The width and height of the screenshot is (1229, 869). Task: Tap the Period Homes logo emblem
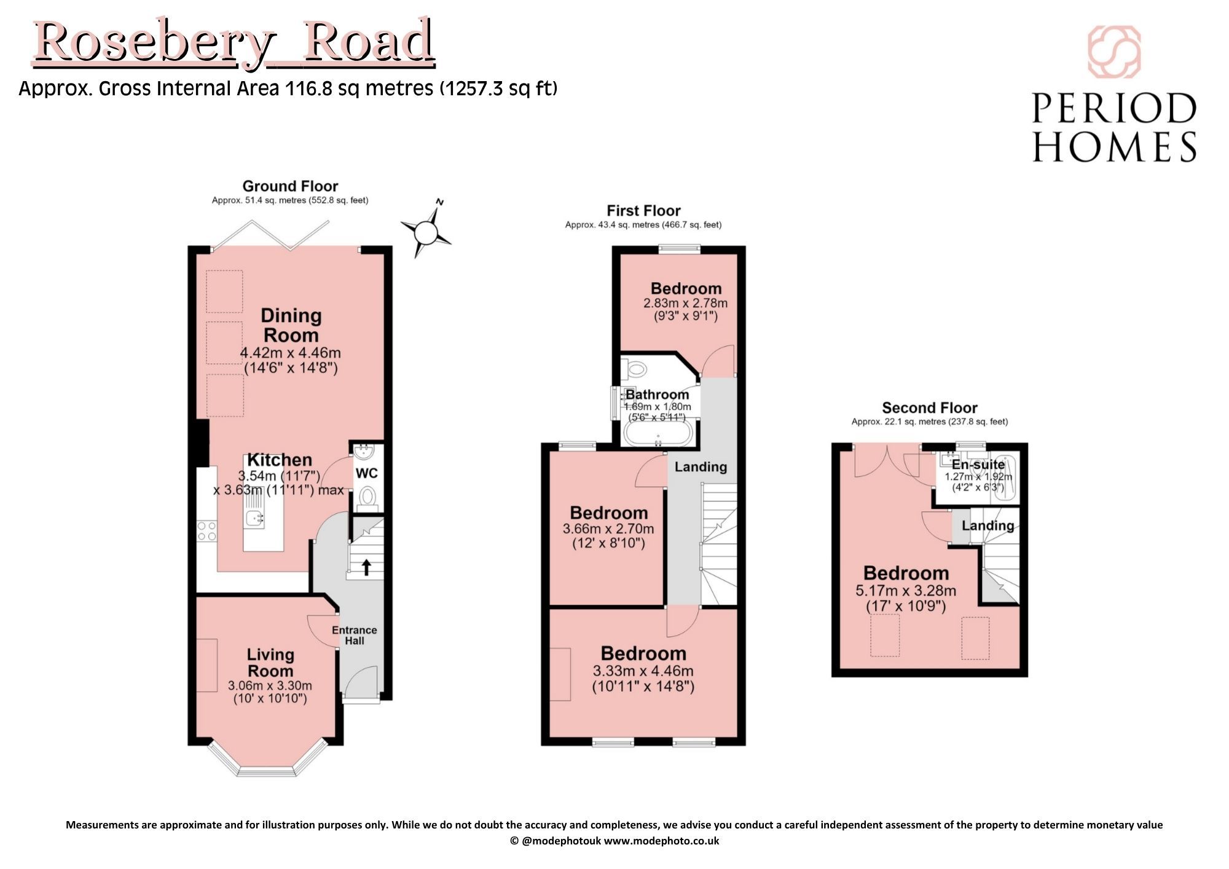pos(1114,52)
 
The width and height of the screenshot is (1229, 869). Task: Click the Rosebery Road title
pos(234,42)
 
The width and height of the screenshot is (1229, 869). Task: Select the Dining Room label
pos(291,325)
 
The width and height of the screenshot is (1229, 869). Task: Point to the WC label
pos(367,473)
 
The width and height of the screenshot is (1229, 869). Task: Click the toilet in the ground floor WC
pos(367,497)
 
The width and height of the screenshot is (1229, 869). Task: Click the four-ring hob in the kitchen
pos(207,531)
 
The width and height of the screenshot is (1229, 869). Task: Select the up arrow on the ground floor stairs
pos(366,567)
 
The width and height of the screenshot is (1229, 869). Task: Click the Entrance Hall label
pos(355,635)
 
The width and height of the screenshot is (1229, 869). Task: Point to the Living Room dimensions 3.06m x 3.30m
pos(270,685)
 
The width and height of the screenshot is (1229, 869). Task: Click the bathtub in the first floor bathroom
pos(659,433)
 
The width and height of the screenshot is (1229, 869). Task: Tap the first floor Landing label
pos(701,467)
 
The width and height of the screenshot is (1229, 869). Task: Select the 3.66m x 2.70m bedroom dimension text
pos(608,529)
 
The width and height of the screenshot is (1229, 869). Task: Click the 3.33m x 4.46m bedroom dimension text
pos(643,670)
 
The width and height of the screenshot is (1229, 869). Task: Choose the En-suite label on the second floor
pos(978,465)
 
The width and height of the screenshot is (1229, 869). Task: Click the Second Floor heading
pos(930,407)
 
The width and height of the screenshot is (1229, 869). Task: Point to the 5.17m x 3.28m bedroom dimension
pos(906,591)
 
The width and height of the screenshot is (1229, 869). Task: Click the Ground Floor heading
pos(290,186)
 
